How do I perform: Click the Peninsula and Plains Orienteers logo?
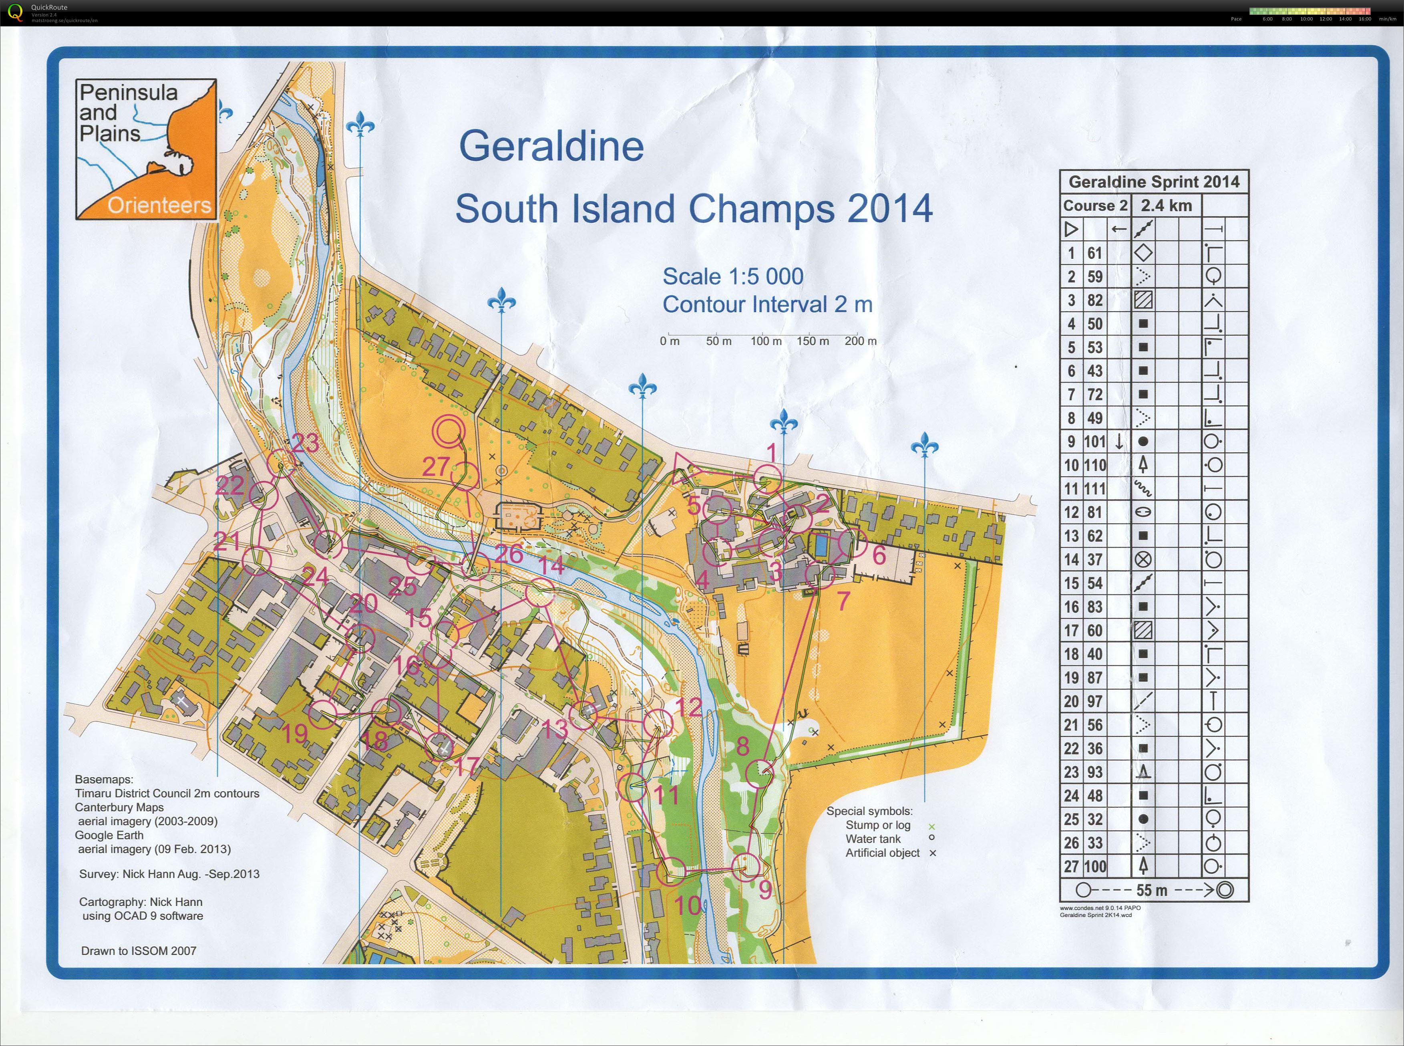(146, 149)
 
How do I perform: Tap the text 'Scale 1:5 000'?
(732, 277)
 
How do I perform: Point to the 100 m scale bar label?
(766, 341)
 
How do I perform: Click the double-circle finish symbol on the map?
(449, 431)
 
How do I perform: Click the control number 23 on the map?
(306, 443)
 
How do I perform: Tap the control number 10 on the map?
(688, 905)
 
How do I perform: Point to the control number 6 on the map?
(879, 555)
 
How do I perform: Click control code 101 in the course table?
(1094, 442)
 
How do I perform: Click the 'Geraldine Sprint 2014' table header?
(1153, 182)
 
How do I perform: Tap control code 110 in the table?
(1094, 466)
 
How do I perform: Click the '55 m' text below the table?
(1151, 890)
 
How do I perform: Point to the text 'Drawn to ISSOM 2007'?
(139, 950)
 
